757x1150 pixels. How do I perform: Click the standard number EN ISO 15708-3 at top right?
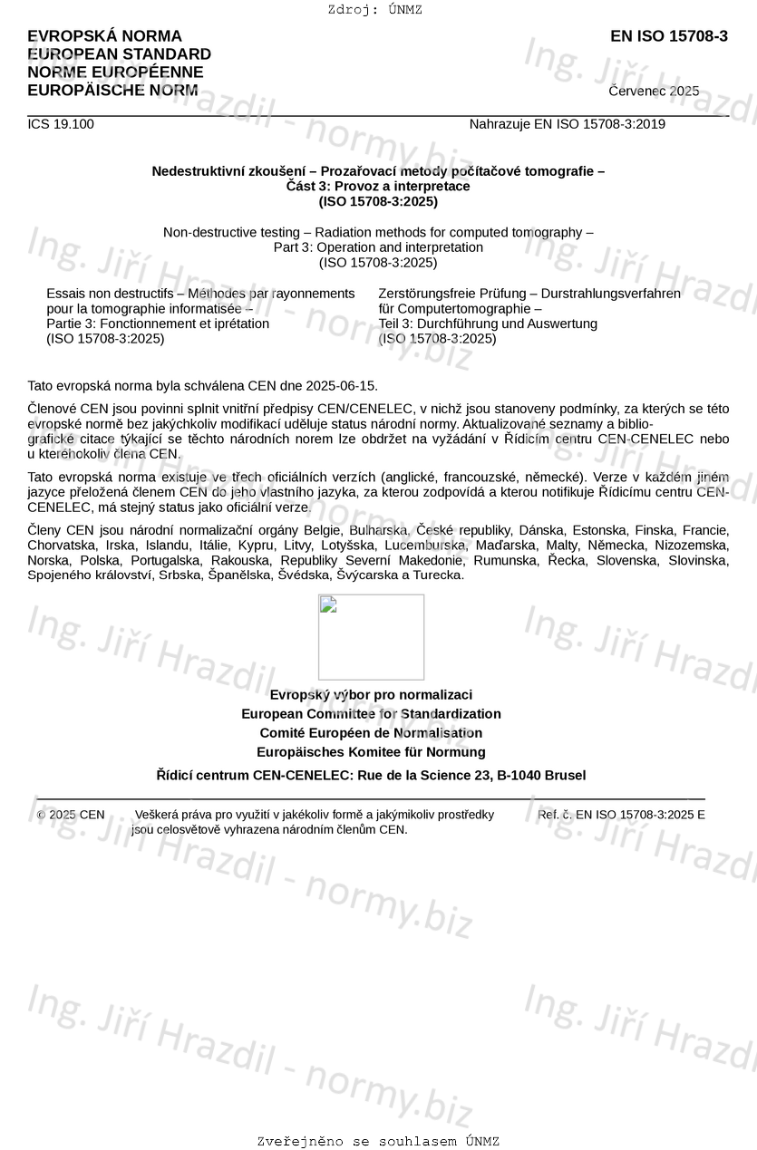(668, 36)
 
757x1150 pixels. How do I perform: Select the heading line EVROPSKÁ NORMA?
(104, 36)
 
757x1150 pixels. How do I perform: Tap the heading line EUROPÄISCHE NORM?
(112, 91)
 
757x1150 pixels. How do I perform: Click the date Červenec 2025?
(654, 92)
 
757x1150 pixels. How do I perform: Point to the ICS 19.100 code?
(61, 124)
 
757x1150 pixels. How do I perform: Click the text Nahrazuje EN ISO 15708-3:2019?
(567, 124)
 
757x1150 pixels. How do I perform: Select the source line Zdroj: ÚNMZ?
(375, 10)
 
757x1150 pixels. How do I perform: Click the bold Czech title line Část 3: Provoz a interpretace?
(378, 186)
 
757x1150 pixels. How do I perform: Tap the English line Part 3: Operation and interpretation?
(378, 247)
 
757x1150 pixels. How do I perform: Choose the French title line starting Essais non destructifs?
(200, 294)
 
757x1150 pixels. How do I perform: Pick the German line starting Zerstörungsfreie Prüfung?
(529, 294)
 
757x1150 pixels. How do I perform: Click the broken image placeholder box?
(371, 636)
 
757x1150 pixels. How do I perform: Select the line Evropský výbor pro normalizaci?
(371, 695)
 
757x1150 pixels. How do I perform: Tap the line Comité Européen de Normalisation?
(371, 733)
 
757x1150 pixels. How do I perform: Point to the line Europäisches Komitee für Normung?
(371, 752)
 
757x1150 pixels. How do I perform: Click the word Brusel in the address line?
(565, 776)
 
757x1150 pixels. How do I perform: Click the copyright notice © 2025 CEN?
(71, 815)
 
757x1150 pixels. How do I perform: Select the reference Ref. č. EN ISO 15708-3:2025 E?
(621, 815)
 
